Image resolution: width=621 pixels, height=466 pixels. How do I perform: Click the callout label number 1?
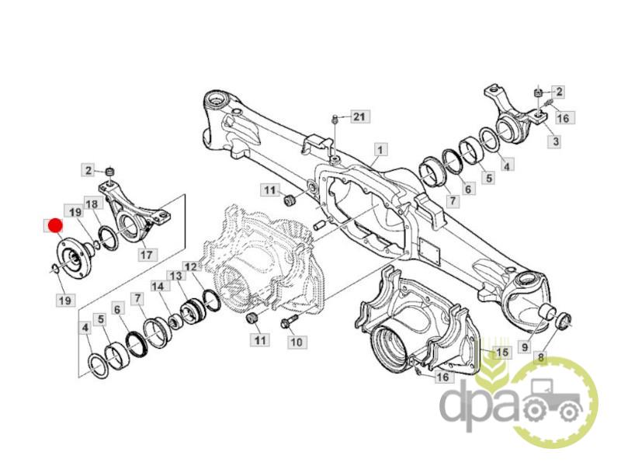point(380,150)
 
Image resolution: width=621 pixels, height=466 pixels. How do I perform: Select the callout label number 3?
point(556,141)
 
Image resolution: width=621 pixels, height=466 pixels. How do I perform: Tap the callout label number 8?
point(540,358)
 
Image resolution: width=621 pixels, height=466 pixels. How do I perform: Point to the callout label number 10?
point(296,342)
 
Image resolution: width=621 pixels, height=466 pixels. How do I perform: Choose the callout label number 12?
point(190,266)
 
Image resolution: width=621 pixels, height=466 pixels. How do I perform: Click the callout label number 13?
point(176,276)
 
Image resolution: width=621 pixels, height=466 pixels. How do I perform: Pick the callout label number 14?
point(158,286)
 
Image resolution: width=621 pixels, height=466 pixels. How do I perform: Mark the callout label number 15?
point(501,352)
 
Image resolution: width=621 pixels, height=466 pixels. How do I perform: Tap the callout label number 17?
point(147,254)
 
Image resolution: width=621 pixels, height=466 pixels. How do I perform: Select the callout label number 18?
point(92,204)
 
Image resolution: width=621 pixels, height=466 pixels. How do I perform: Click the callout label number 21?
point(359,116)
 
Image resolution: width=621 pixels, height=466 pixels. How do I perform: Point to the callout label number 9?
point(525,347)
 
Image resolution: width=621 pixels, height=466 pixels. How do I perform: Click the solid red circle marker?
point(54,225)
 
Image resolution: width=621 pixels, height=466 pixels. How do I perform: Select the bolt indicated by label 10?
point(288,322)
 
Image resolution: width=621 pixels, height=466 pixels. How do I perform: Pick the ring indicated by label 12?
point(210,300)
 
